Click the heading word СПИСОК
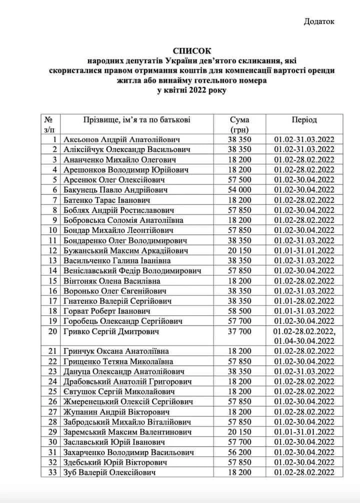click(192, 51)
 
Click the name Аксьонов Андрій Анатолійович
click(121, 139)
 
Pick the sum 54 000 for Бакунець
click(239, 190)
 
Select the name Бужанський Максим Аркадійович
click(126, 250)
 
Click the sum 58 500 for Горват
click(239, 311)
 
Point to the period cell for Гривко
click(304, 336)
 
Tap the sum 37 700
click(239, 331)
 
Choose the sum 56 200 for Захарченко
click(239, 452)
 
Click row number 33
click(51, 472)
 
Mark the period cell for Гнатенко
click(304, 301)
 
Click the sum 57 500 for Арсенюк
click(239, 180)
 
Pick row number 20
click(51, 331)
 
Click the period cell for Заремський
click(304, 432)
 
